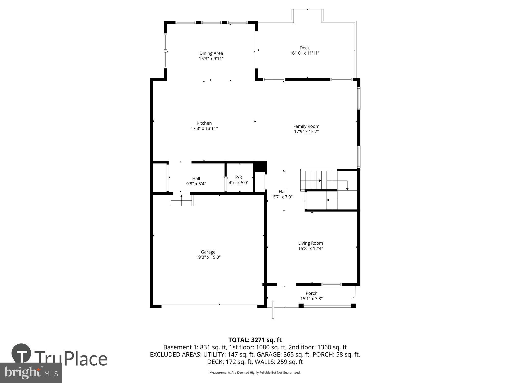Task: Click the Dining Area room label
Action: (x=211, y=53)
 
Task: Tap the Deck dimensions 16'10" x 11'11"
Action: (x=304, y=53)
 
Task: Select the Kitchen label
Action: (x=204, y=123)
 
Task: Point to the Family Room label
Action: (x=306, y=126)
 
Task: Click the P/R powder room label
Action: (x=238, y=177)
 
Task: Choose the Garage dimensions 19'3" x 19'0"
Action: (x=208, y=257)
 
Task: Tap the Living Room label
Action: (x=311, y=243)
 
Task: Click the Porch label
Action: (x=311, y=293)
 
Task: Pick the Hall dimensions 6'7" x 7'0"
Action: (x=283, y=197)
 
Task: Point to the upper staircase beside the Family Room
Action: (x=319, y=180)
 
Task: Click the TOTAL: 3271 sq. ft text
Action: (x=255, y=340)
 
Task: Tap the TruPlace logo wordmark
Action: (x=71, y=359)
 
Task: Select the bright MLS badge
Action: (x=31, y=373)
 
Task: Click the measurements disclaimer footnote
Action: (x=255, y=373)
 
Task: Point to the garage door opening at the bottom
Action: (x=209, y=306)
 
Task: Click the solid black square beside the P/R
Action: (x=260, y=167)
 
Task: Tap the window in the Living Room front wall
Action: (x=331, y=284)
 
